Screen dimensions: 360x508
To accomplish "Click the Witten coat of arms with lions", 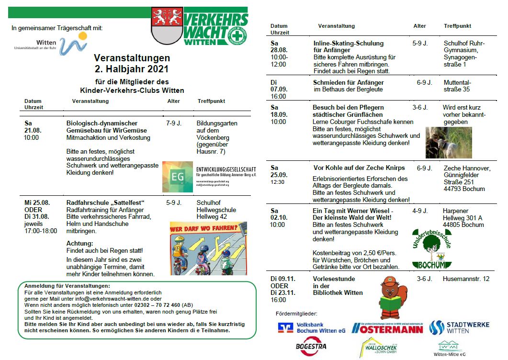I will (167, 25).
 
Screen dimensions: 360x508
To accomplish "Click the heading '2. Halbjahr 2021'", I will (132, 69).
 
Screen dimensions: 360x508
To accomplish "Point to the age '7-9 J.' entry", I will (174, 124).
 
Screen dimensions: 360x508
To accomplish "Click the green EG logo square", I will (177, 177).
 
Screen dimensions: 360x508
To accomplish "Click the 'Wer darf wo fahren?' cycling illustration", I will (208, 247).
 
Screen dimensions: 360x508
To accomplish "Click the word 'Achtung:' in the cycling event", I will (80, 243).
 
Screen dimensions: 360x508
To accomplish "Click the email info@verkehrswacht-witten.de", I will (112, 298).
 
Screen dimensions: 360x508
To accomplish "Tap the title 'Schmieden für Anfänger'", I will (348, 83).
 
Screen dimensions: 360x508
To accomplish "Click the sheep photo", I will (448, 142).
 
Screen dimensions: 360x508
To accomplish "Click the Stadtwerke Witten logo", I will (459, 327).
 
